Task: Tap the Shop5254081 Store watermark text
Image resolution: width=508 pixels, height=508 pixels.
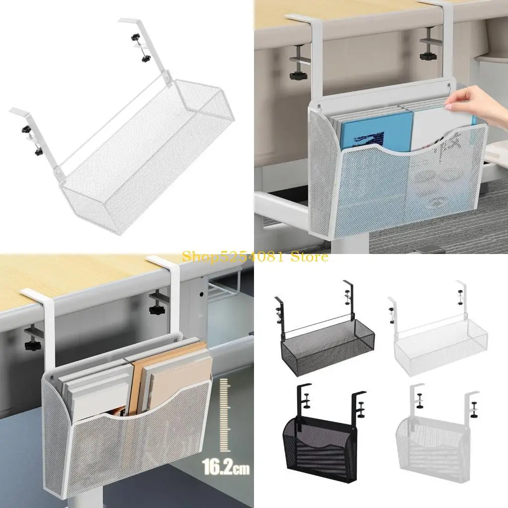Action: click(255, 256)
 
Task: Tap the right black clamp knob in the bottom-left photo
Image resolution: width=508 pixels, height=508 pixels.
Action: click(157, 311)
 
